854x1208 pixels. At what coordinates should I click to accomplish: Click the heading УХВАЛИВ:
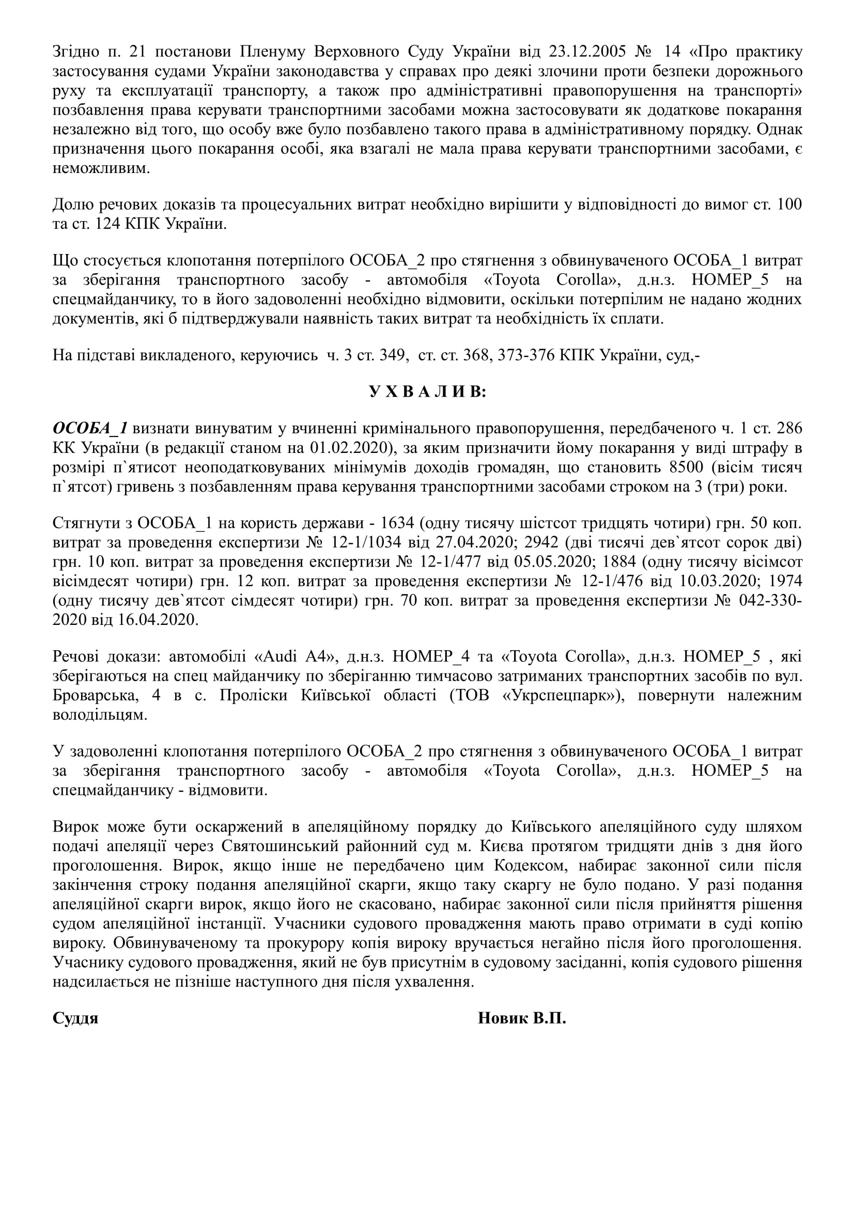(x=427, y=392)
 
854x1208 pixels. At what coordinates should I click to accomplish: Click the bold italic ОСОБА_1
(x=90, y=428)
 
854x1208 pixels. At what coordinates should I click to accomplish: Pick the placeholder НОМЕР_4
(x=423, y=656)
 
